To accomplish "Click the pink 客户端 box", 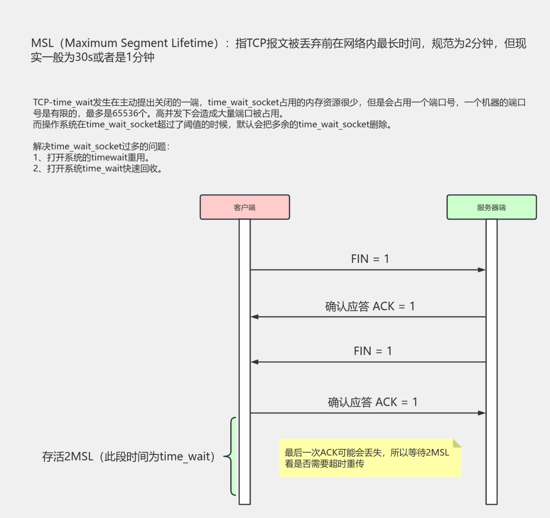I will coord(245,207).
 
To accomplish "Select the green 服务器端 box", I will coord(491,207).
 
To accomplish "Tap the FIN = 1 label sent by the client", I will coord(370,259).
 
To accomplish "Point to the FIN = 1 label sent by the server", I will coord(372,351).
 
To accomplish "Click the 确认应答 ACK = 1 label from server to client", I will coord(370,306).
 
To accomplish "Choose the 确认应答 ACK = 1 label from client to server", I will coord(372,402).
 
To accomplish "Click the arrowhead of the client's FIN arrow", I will coord(482,270).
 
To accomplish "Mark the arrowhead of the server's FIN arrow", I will coord(255,362).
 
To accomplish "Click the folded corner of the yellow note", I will coord(457,443).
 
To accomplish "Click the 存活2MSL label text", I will coord(128,457).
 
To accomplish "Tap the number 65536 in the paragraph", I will coord(125,114).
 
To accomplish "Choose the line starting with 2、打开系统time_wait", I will coord(98,169).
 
